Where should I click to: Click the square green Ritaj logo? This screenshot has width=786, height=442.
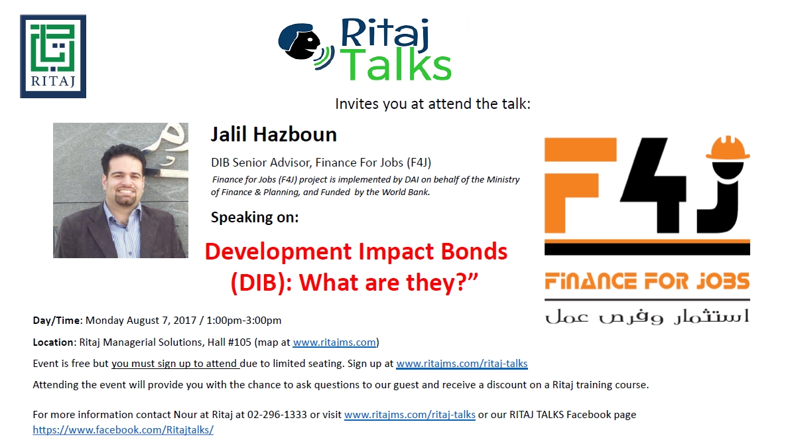(53, 56)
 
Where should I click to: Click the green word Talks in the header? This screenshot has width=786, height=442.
(399, 66)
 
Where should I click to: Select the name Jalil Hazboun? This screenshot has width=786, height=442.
(273, 135)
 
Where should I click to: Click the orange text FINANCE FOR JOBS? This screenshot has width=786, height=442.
(647, 281)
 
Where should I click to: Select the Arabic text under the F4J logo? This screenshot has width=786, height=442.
(647, 315)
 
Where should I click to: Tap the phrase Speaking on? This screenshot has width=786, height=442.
(254, 217)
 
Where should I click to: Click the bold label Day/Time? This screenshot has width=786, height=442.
(56, 321)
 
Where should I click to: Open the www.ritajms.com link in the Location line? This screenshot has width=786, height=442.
(334, 342)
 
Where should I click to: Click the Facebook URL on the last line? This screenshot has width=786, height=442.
(123, 429)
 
